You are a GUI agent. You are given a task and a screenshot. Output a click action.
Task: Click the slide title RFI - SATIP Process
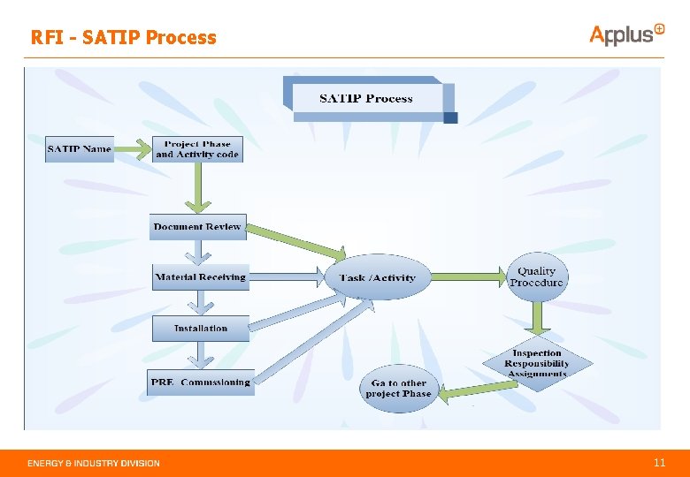[123, 37]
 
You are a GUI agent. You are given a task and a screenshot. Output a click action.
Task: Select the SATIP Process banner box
[366, 98]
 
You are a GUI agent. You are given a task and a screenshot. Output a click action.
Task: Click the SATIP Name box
[80, 148]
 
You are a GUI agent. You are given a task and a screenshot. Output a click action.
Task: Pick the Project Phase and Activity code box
[196, 148]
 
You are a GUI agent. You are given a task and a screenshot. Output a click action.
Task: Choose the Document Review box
[196, 227]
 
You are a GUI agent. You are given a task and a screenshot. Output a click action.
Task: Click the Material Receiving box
[200, 277]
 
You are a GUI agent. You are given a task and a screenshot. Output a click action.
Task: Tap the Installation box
[200, 328]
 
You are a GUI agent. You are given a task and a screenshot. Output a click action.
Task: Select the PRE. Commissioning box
[201, 382]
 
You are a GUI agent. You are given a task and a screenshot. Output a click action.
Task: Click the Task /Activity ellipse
[377, 277]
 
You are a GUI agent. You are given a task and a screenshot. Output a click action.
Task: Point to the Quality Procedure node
[536, 276]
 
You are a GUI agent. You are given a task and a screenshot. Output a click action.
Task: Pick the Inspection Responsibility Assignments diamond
[537, 363]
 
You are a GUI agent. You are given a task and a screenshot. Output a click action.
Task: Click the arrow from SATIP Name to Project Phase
[132, 148]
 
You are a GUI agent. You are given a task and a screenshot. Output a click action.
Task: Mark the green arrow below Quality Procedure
[536, 314]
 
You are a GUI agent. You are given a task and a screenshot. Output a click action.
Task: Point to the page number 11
[659, 463]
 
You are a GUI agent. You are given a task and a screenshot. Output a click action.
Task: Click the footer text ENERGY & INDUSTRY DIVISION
[94, 463]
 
